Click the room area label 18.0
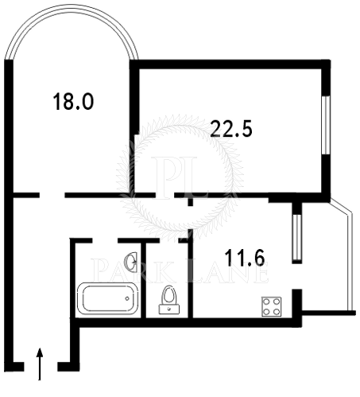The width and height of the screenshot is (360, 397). (x=73, y=101)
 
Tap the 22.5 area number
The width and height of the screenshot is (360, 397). (x=231, y=129)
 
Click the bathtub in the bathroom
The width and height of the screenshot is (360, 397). (x=107, y=298)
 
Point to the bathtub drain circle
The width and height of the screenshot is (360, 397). (x=127, y=298)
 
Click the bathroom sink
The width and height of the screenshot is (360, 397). (x=132, y=262)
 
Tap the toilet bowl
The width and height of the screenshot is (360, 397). (x=169, y=295)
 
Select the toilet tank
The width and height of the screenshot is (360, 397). (x=169, y=309)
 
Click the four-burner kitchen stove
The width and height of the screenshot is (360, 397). (x=272, y=306)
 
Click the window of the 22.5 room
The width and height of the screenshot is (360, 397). (x=326, y=125)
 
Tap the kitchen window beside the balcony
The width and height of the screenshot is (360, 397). (x=297, y=237)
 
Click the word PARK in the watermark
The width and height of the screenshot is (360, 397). (x=133, y=271)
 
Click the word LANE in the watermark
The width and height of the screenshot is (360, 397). (x=228, y=271)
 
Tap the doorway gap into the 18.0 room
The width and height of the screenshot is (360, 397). (x=52, y=195)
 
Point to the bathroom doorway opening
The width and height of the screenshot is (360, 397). (x=105, y=240)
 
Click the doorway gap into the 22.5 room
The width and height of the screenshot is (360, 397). (x=165, y=195)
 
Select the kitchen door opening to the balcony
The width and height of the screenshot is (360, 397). (x=297, y=276)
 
